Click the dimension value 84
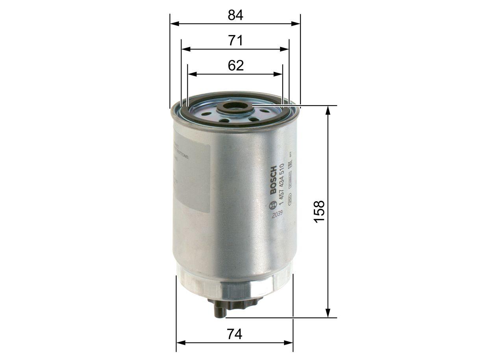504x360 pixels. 235,15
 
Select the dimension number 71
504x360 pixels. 235,41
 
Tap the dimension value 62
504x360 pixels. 235,65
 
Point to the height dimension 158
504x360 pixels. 319,211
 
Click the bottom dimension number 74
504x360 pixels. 235,334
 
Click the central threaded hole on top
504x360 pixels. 235,106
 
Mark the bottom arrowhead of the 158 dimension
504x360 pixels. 328,313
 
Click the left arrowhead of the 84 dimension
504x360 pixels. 174,24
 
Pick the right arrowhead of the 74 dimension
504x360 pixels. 289,343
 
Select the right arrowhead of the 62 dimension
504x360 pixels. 279,74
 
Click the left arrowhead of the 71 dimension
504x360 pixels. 186,49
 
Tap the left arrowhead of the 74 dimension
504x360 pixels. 181,343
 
